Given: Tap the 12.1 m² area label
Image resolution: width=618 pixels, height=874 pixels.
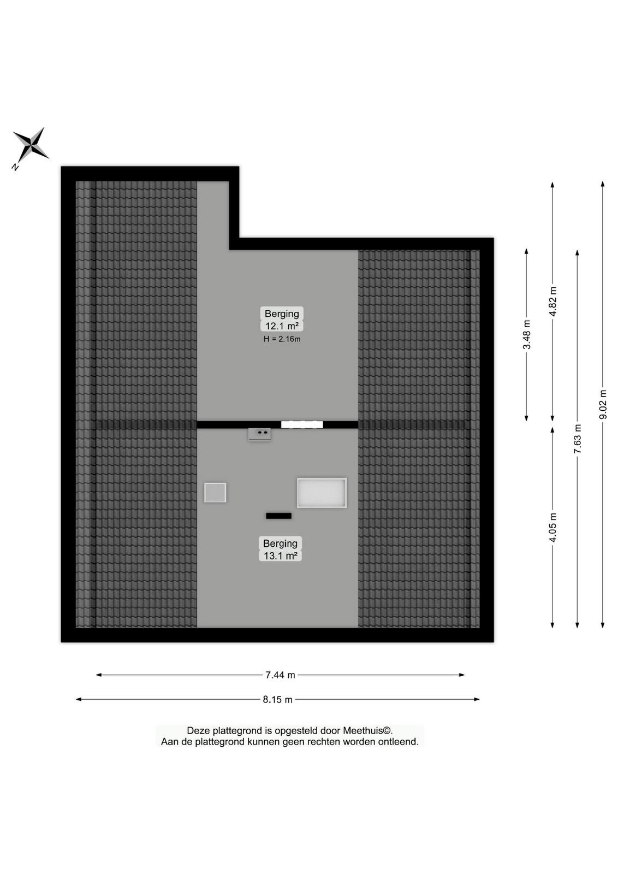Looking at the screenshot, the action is (x=282, y=326).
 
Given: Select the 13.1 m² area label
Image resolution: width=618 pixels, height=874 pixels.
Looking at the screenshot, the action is (x=281, y=556).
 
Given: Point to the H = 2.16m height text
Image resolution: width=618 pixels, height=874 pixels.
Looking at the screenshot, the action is (x=282, y=339).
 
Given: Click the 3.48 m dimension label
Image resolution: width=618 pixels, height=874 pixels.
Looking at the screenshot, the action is (x=527, y=334).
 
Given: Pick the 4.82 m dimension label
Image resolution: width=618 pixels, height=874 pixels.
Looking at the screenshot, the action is (x=552, y=301).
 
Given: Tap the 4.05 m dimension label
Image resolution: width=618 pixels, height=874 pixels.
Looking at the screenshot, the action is (x=552, y=528).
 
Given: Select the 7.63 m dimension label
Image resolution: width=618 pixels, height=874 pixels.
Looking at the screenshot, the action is (x=578, y=439).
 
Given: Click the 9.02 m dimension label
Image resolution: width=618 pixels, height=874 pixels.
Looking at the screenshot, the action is (x=603, y=405).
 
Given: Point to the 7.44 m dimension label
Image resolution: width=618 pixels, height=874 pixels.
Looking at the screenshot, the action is (x=281, y=675).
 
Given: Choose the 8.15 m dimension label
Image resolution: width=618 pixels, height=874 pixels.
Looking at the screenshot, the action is (x=278, y=700).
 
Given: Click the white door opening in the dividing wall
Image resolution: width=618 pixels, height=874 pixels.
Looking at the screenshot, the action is (x=302, y=424).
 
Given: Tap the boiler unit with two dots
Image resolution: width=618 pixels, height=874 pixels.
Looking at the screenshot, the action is (x=259, y=434).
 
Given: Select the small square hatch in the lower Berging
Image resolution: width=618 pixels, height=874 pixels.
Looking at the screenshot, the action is (x=215, y=492).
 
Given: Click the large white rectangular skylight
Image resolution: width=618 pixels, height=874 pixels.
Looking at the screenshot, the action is (x=322, y=493).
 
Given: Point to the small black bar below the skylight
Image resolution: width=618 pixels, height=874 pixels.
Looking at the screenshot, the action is (x=278, y=516).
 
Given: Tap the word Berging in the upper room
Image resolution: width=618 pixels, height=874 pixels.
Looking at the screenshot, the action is (x=282, y=314).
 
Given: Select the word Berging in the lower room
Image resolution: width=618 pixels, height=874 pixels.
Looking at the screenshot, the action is (x=281, y=543).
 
